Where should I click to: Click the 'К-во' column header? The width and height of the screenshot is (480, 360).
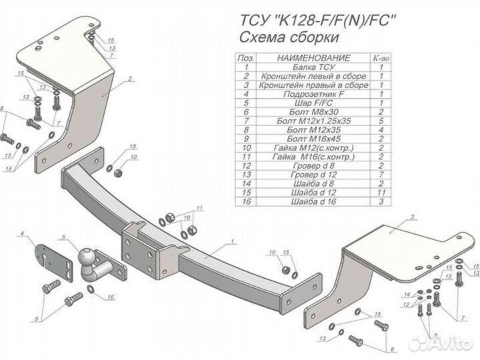381,59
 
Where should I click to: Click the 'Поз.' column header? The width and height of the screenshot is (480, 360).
247,59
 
